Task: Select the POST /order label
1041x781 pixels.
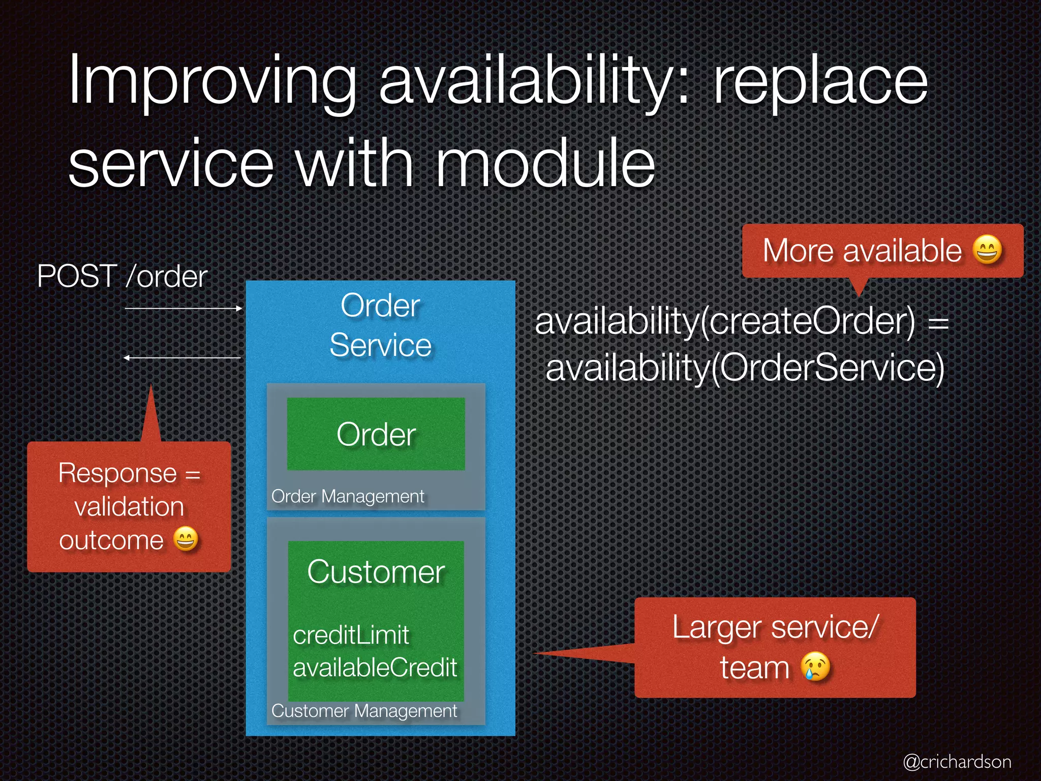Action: (122, 277)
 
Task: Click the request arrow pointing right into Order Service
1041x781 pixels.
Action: (183, 308)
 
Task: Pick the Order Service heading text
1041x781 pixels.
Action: (380, 325)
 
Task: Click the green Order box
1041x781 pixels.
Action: (376, 434)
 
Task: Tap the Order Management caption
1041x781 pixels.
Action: (348, 496)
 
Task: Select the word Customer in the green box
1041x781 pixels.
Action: (376, 572)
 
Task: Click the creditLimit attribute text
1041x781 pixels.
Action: (351, 635)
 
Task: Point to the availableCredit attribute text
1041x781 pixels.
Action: (375, 668)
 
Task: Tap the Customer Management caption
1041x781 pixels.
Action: (364, 711)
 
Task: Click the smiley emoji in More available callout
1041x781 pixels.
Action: (987, 250)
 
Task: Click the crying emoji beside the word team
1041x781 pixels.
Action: (815, 667)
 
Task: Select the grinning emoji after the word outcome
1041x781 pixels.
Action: (186, 539)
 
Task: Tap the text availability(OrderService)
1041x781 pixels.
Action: (745, 368)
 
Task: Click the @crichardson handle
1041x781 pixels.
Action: (957, 762)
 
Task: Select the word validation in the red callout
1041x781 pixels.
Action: (129, 507)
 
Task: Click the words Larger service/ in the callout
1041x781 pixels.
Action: (775, 627)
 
